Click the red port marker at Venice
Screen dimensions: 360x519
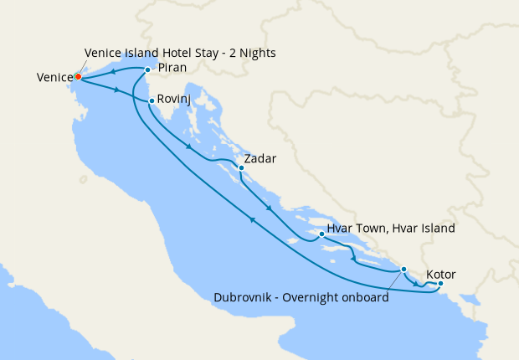(77, 76)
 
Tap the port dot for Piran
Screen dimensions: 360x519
(147, 69)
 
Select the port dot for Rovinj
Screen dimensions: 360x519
(150, 101)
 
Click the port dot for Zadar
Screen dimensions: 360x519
(241, 167)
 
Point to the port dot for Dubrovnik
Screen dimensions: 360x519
(403, 270)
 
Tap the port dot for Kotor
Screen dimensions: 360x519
(441, 284)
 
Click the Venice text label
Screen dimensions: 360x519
(54, 77)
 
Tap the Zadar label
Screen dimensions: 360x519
(259, 158)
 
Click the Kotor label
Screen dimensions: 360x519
(441, 274)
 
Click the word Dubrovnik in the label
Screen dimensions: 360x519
(244, 297)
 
